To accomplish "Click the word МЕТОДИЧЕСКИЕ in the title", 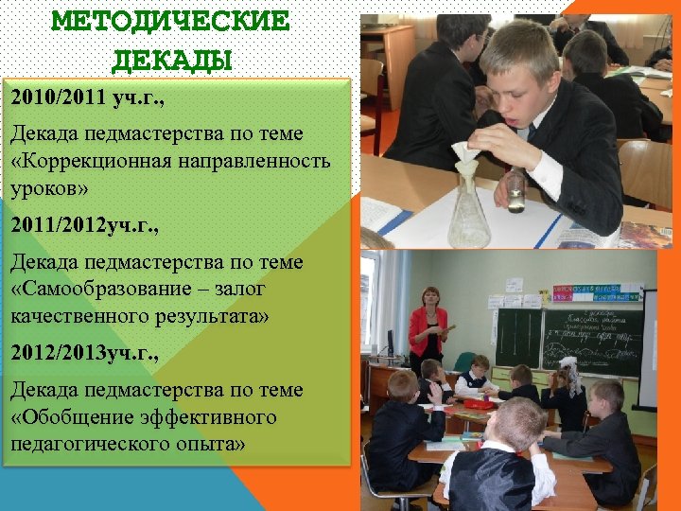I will point(170,21).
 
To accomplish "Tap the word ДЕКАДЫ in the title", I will point(171,62).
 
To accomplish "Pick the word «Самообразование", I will point(104,288).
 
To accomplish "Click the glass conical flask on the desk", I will point(469,213).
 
